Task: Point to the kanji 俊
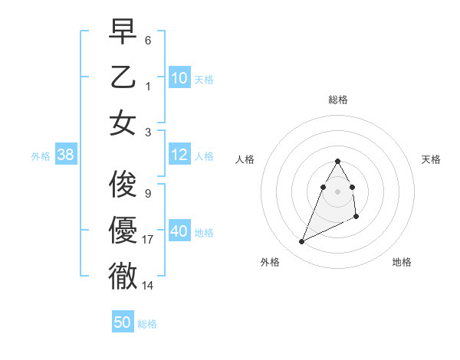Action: [x=123, y=183]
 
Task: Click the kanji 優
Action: [x=123, y=230]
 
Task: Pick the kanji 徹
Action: [x=123, y=277]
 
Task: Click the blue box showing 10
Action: [x=179, y=79]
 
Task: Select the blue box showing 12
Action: [x=179, y=155]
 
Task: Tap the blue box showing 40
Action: [x=179, y=232]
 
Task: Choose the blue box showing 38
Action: [x=65, y=155]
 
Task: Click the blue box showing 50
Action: [x=123, y=322]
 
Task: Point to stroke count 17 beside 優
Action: [x=149, y=240]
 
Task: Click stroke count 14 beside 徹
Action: [x=149, y=286]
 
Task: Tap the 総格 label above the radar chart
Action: [x=337, y=100]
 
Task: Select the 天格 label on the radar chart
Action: [x=431, y=159]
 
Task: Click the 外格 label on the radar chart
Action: [x=270, y=262]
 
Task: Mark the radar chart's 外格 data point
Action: [x=301, y=242]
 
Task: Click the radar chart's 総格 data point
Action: [x=337, y=161]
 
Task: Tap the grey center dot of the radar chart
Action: [x=337, y=191]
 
